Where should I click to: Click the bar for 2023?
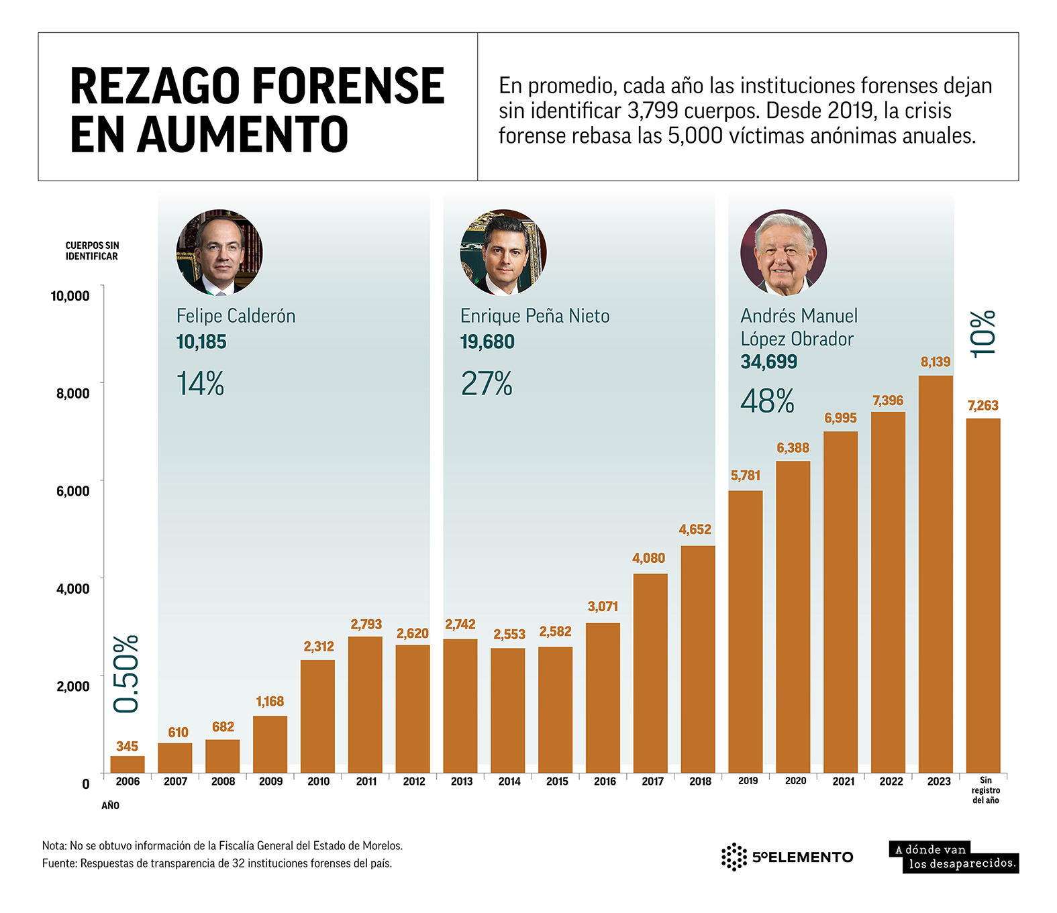tap(935, 574)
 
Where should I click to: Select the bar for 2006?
tap(128, 764)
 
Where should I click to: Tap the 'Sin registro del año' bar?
tap(983, 595)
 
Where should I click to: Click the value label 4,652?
tap(695, 529)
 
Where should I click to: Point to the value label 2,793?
tap(366, 625)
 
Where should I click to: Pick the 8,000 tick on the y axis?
tap(73, 393)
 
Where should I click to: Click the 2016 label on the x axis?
tap(605, 781)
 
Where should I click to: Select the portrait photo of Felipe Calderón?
tap(219, 252)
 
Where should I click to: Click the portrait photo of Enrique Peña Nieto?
tap(503, 252)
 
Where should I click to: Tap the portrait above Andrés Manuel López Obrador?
tap(783, 252)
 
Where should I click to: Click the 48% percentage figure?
tap(767, 401)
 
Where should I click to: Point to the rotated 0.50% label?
tap(126, 674)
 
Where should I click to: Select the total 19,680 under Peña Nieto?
tap(487, 342)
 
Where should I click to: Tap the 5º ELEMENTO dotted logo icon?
tap(734, 857)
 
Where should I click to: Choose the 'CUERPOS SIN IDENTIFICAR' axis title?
tap(92, 251)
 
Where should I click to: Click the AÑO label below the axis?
tap(110, 805)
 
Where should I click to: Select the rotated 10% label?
tap(983, 333)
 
